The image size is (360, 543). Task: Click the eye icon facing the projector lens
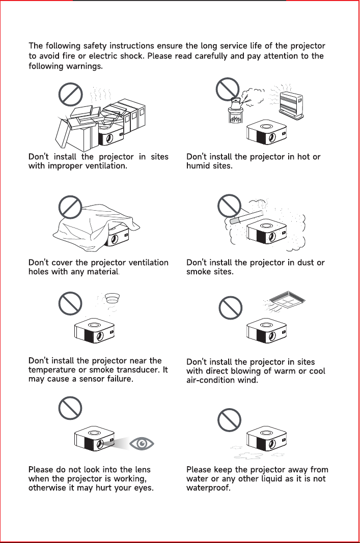click(142, 443)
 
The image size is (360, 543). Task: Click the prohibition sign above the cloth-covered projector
click(70, 207)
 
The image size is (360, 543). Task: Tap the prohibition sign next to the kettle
click(228, 90)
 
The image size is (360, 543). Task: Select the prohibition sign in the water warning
click(229, 420)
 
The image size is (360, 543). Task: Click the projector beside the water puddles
click(267, 439)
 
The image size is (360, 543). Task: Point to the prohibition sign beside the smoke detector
click(70, 303)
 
